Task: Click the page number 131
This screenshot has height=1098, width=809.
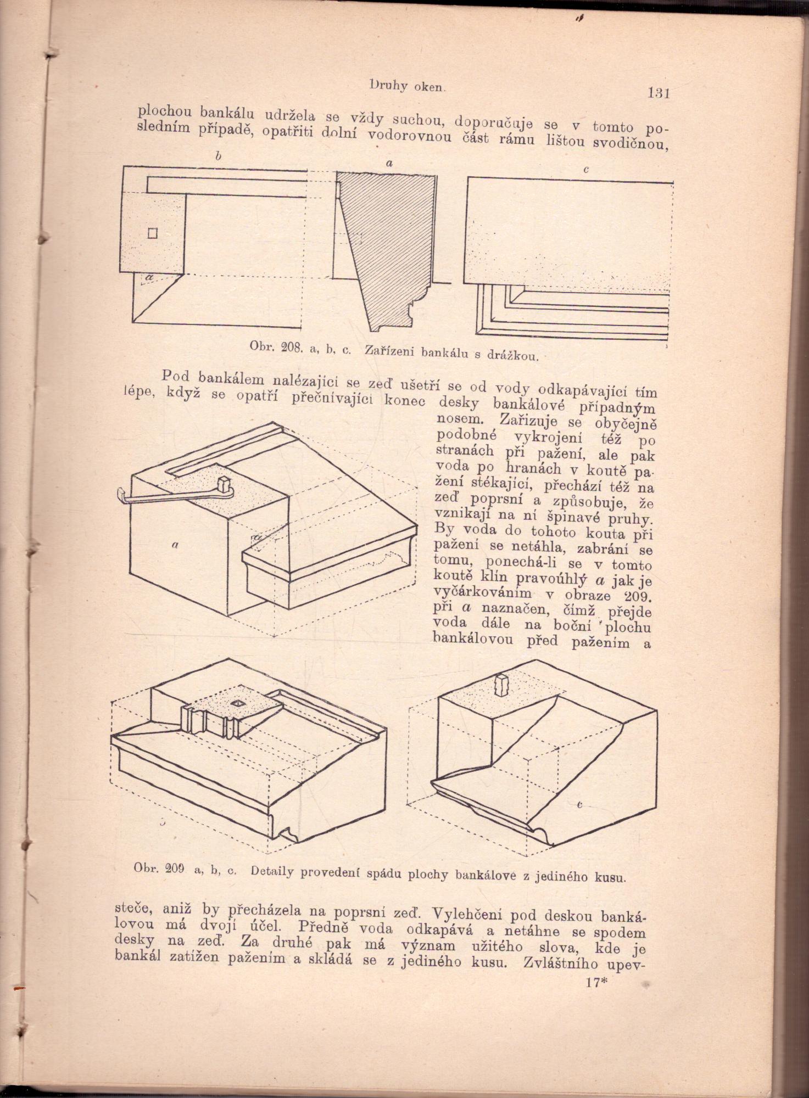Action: pyautogui.click(x=659, y=93)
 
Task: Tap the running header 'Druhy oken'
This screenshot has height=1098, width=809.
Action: pyautogui.click(x=407, y=86)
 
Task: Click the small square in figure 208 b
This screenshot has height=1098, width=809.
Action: pyautogui.click(x=152, y=233)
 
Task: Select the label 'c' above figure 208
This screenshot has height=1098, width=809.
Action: pyautogui.click(x=586, y=170)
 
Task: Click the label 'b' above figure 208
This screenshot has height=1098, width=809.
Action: pyautogui.click(x=218, y=156)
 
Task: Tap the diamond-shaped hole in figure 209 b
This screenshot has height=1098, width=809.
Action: pyautogui.click(x=239, y=703)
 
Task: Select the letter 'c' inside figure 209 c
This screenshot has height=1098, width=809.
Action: pyautogui.click(x=579, y=805)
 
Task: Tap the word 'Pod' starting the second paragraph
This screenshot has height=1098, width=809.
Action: pyautogui.click(x=175, y=377)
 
